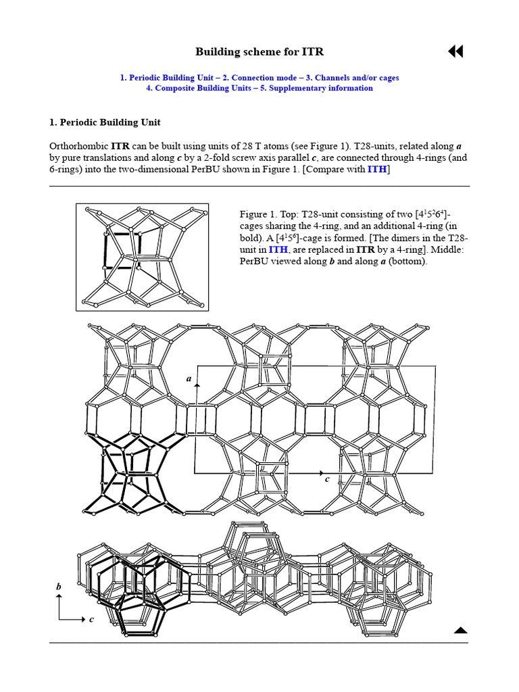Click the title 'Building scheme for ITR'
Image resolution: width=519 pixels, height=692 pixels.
coord(255,52)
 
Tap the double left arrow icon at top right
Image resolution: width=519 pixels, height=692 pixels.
coord(455,52)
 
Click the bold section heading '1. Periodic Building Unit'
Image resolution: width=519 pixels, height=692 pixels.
coord(105,122)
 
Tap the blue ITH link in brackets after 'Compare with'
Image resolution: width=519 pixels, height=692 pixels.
coord(376,169)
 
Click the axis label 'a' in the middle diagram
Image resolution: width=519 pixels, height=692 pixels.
coord(189,378)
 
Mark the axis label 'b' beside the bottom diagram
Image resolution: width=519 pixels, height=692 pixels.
coord(58,587)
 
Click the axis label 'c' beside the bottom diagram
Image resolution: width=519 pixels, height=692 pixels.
coord(91,618)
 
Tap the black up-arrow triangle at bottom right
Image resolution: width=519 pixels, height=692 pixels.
coord(460,631)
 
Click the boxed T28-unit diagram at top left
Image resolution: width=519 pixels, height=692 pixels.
coord(143,257)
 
